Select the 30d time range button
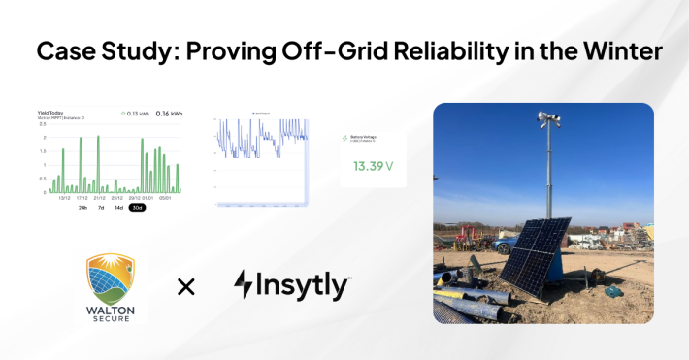point(137,207)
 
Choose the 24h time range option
point(82,207)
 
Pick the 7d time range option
point(101,207)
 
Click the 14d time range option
point(118,207)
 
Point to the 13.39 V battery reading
point(373,166)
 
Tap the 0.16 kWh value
point(169,113)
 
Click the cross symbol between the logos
point(185,285)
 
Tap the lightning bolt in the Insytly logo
point(244,284)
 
